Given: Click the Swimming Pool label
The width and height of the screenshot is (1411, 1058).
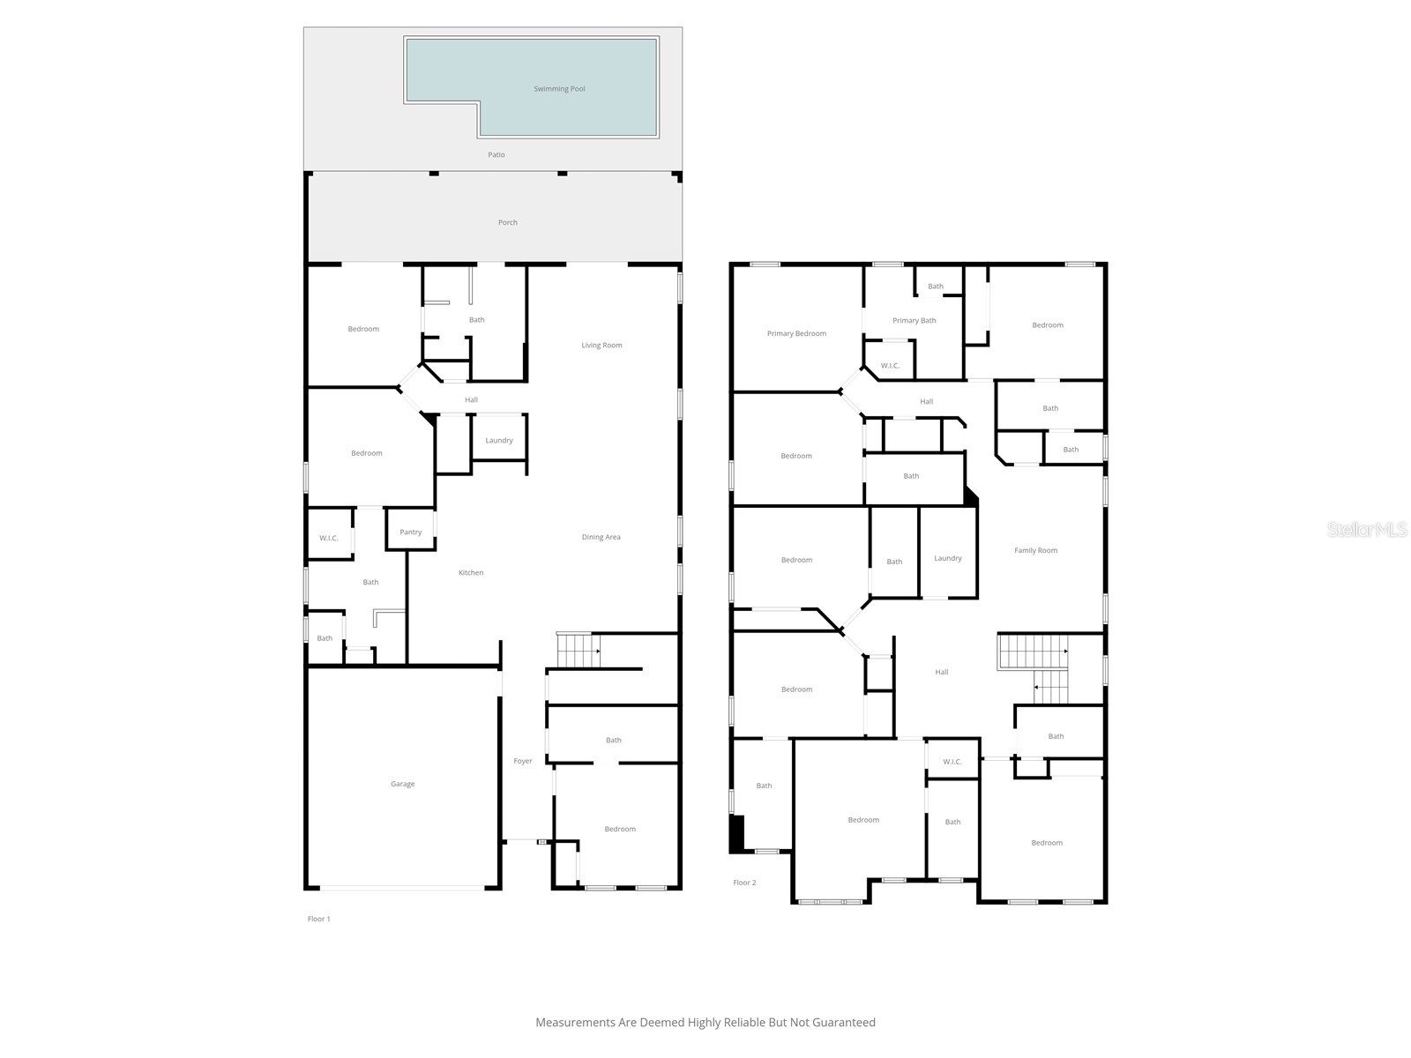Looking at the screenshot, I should (559, 89).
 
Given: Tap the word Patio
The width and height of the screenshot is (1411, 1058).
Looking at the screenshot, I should (496, 155).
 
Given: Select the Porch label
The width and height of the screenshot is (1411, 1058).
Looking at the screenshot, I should (508, 223).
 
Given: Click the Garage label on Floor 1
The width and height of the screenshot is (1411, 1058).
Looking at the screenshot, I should (402, 784).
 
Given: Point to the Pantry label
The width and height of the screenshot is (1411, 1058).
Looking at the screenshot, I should (410, 533).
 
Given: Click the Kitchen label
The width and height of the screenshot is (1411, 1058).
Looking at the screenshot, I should (471, 573).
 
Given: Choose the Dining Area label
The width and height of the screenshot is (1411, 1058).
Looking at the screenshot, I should (601, 537).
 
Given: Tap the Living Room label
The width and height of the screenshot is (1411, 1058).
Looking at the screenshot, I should (601, 346).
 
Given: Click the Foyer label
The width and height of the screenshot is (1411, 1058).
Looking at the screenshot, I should (523, 761).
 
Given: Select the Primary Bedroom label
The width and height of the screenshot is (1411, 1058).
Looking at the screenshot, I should (796, 334).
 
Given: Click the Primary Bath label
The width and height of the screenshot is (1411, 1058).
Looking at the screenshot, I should (914, 321).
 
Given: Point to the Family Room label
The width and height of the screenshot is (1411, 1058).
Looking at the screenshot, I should (1035, 551).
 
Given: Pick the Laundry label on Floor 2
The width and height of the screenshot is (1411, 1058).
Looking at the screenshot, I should (948, 558).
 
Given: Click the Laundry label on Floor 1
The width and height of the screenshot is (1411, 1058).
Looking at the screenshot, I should (499, 441).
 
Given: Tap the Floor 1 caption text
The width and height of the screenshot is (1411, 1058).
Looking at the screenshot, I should (318, 919).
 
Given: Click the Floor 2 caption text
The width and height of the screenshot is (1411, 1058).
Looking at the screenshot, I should (744, 883).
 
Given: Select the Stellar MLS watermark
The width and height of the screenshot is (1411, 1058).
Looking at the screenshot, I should (1367, 529).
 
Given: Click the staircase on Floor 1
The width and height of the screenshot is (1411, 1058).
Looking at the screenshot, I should (578, 651).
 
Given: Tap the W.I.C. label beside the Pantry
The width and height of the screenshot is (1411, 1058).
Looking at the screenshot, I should (328, 538).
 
